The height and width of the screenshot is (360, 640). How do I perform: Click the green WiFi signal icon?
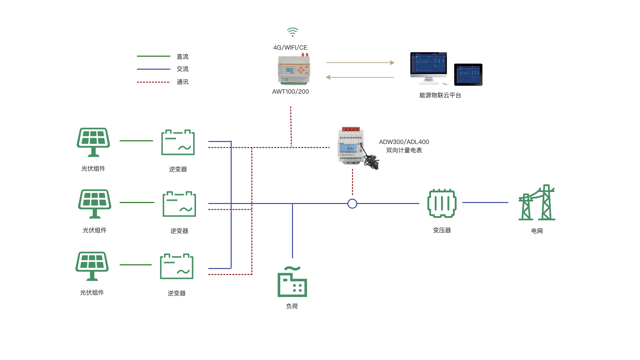pyautogui.click(x=292, y=32)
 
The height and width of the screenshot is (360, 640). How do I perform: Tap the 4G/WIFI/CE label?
pyautogui.click(x=290, y=48)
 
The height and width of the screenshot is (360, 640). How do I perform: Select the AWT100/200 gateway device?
pyautogui.click(x=294, y=69)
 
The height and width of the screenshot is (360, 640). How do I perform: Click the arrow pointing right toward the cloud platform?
pyautogui.click(x=360, y=63)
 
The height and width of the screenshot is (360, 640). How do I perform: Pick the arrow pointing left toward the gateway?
pyautogui.click(x=360, y=77)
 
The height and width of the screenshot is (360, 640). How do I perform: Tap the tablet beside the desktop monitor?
pyautogui.click(x=468, y=74)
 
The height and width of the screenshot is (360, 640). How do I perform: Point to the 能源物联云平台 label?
pyautogui.click(x=440, y=95)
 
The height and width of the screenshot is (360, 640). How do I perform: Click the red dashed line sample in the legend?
pyautogui.click(x=153, y=82)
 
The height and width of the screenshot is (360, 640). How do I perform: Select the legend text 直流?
pyautogui.click(x=182, y=57)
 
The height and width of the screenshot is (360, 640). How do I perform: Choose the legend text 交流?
pyautogui.click(x=182, y=69)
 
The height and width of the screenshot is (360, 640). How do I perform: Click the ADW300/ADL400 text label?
pyautogui.click(x=404, y=142)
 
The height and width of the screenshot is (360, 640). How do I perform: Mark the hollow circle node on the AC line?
pyautogui.click(x=352, y=204)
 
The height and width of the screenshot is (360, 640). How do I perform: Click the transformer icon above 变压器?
pyautogui.click(x=442, y=203)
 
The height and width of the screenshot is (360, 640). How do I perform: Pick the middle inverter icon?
pyautogui.click(x=179, y=204)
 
